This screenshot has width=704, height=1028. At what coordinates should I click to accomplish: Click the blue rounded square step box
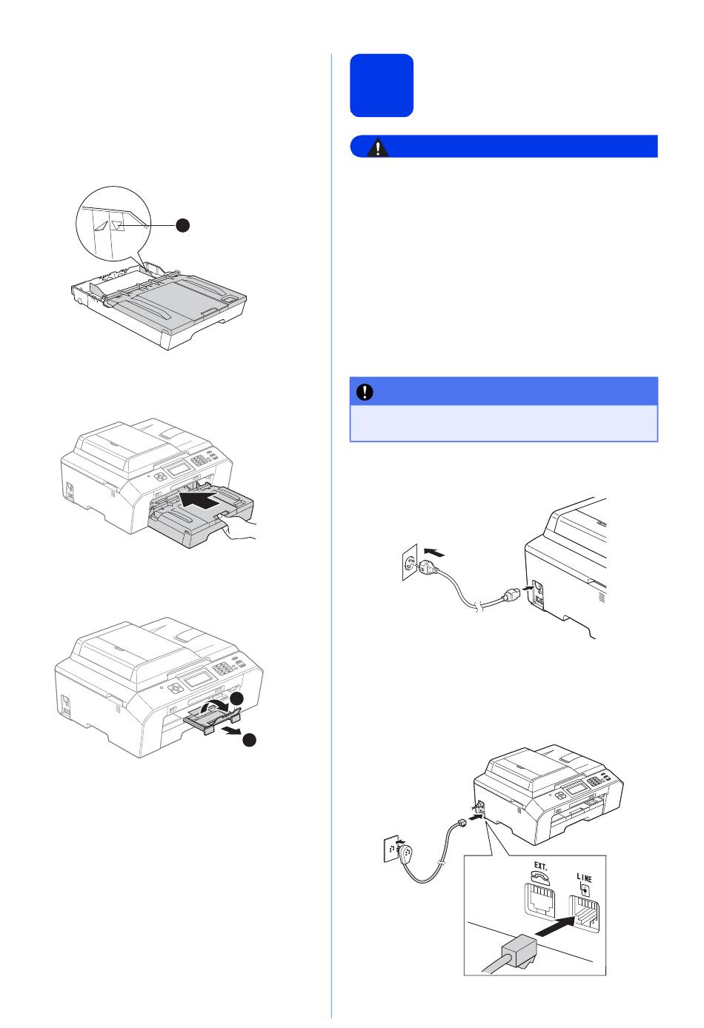(x=381, y=85)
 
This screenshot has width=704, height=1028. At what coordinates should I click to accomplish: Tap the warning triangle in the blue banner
(x=377, y=148)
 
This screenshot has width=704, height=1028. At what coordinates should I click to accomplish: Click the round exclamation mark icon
(x=365, y=392)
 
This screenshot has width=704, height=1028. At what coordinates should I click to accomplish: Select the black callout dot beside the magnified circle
(x=183, y=225)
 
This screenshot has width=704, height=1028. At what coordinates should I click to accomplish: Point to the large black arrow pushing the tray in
(x=199, y=500)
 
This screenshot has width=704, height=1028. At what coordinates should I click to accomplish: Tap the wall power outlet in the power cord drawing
(x=410, y=561)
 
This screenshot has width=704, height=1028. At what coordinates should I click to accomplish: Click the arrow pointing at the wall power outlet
(x=434, y=552)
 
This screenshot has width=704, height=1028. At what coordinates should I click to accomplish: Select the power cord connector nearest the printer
(x=511, y=596)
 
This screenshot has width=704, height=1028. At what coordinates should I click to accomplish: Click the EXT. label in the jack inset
(x=540, y=867)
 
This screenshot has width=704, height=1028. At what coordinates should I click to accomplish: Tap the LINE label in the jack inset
(x=584, y=878)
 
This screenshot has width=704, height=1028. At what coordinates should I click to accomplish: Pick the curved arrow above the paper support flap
(x=216, y=706)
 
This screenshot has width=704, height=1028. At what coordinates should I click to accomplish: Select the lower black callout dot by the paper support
(x=249, y=739)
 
